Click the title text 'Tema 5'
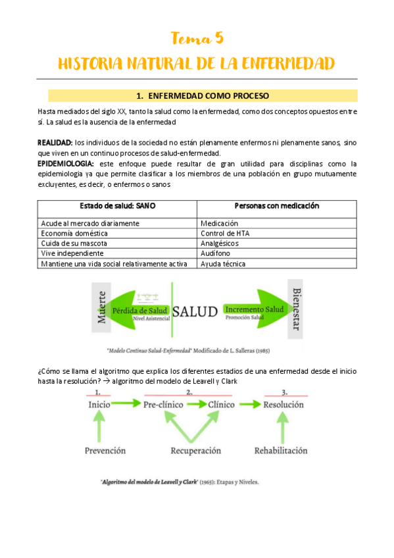tap(197, 38)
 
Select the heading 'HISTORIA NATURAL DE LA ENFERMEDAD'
tap(197, 63)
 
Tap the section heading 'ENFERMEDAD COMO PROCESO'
tap(202, 95)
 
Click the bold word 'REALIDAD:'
tap(55, 142)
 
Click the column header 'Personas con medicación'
tap(276, 206)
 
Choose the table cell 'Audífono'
tap(216, 253)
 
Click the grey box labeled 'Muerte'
tap(102, 309)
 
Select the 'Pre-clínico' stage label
tap(164, 405)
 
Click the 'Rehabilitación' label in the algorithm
tap(281, 451)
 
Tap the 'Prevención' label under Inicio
tap(105, 451)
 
